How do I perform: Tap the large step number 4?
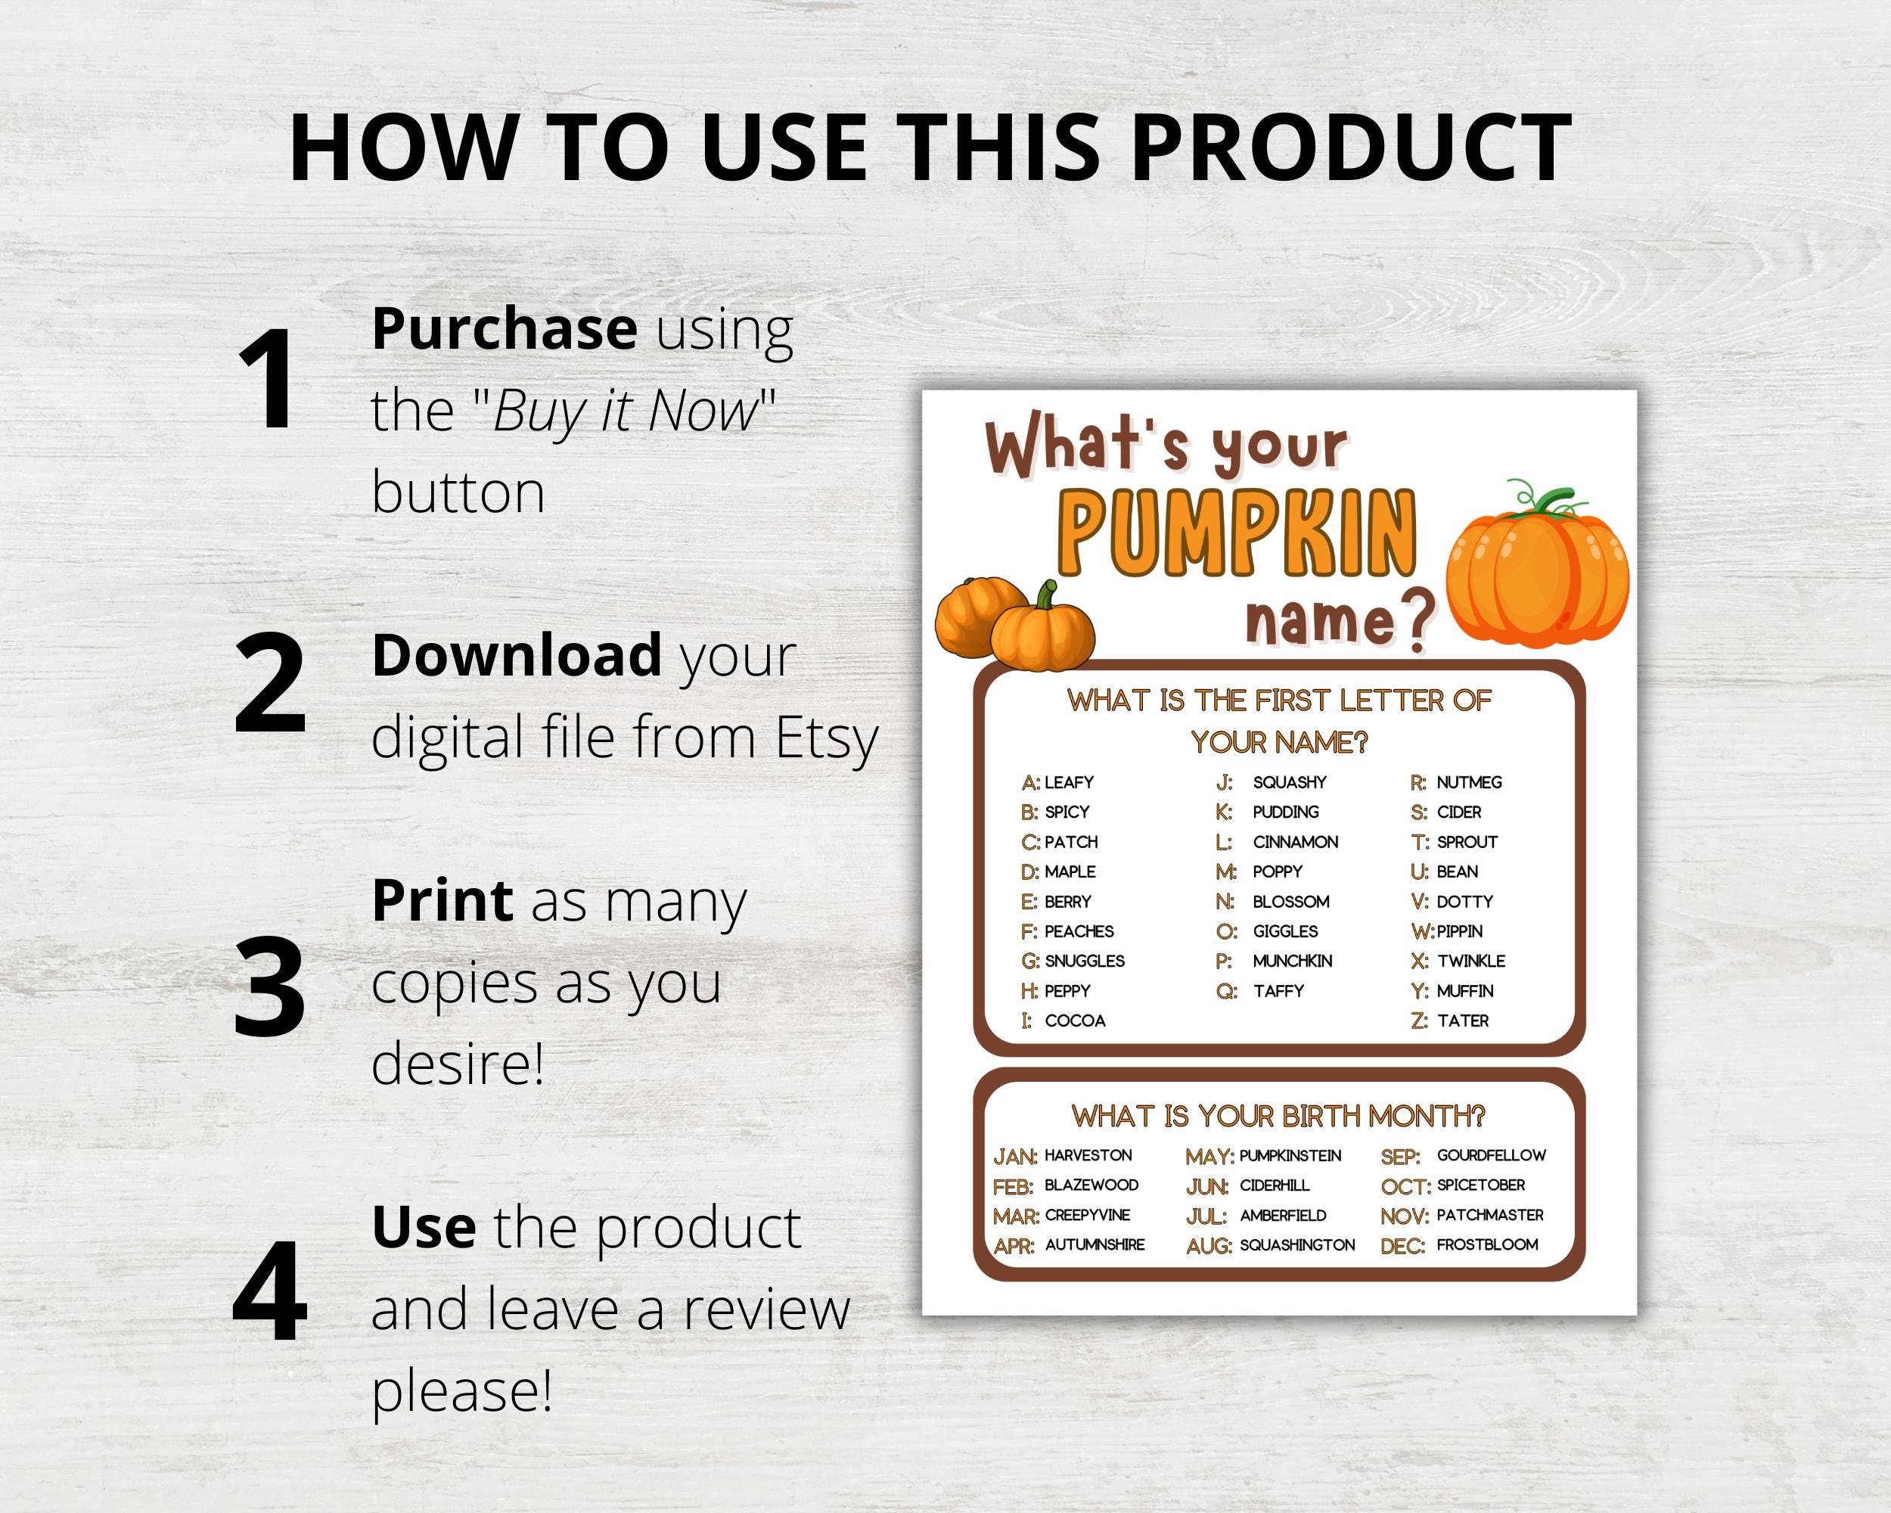(x=269, y=1291)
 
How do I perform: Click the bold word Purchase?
(x=505, y=328)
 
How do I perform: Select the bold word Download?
(x=517, y=655)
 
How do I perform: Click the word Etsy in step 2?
(x=826, y=738)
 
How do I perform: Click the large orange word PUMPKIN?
(x=1238, y=535)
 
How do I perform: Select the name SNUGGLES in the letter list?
(x=1084, y=962)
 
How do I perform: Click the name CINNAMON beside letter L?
(x=1296, y=842)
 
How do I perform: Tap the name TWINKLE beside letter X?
(x=1471, y=962)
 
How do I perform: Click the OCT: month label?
(x=1405, y=1187)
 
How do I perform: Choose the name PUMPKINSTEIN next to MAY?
(x=1290, y=1156)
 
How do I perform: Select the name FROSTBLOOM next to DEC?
(x=1486, y=1244)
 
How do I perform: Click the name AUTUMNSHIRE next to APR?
(x=1095, y=1244)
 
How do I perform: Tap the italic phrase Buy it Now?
(x=626, y=411)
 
